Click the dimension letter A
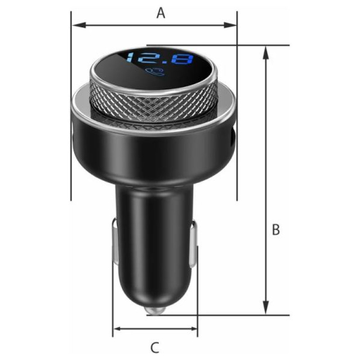point(161,13)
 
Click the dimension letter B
point(276,229)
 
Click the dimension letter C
point(155,347)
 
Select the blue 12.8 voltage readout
point(160,58)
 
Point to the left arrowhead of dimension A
point(79,25)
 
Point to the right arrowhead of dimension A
point(230,25)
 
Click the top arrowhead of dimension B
point(265,53)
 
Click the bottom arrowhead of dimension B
point(265,307)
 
